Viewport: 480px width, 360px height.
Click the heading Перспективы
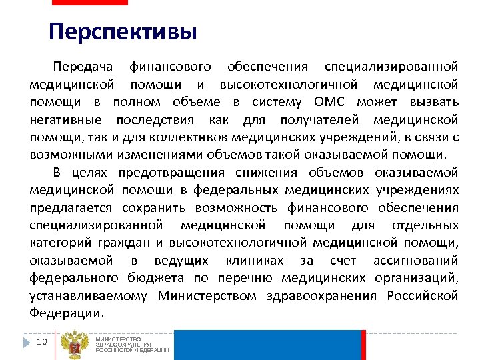123,32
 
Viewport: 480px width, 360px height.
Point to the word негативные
65,120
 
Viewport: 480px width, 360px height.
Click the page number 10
41,342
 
